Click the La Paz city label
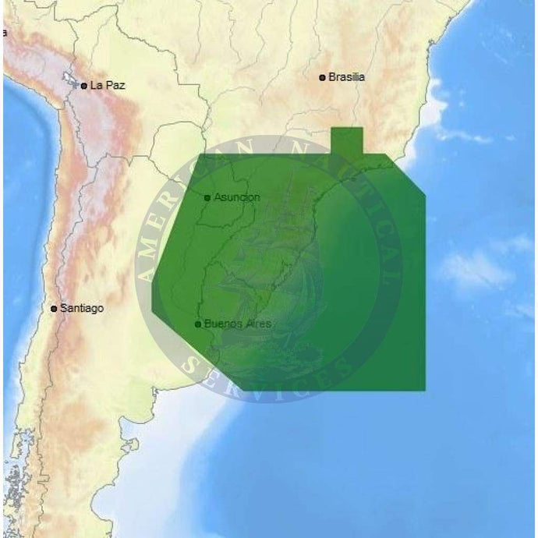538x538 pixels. (108, 85)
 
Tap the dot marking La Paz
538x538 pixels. (83, 86)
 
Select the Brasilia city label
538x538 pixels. (346, 77)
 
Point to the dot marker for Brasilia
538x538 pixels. (322, 77)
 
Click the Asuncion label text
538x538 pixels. (236, 197)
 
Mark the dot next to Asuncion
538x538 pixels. (207, 197)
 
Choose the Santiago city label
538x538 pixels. (82, 309)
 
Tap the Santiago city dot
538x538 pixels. (54, 309)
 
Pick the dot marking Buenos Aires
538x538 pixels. (198, 324)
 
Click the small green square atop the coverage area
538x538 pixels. (347, 141)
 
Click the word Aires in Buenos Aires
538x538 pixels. (257, 324)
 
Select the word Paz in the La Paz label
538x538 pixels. (115, 85)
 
